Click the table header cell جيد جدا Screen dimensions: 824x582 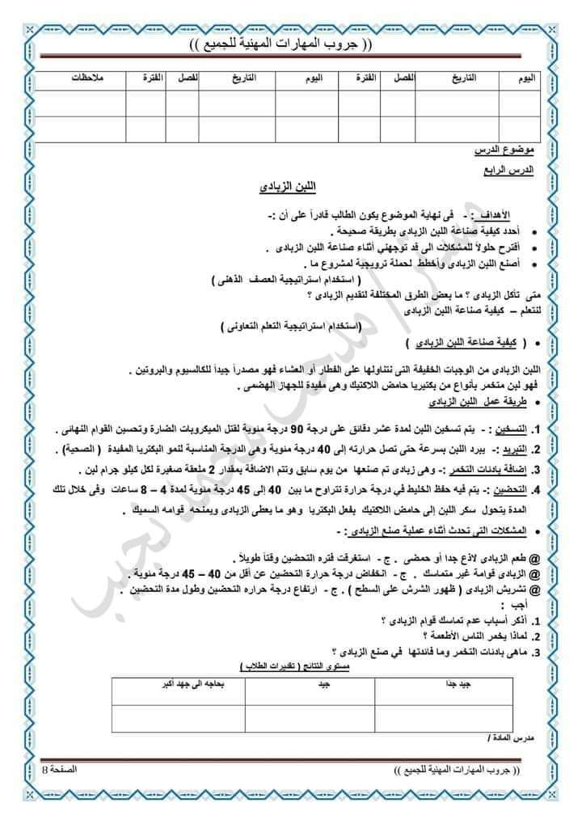pos(449,684)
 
